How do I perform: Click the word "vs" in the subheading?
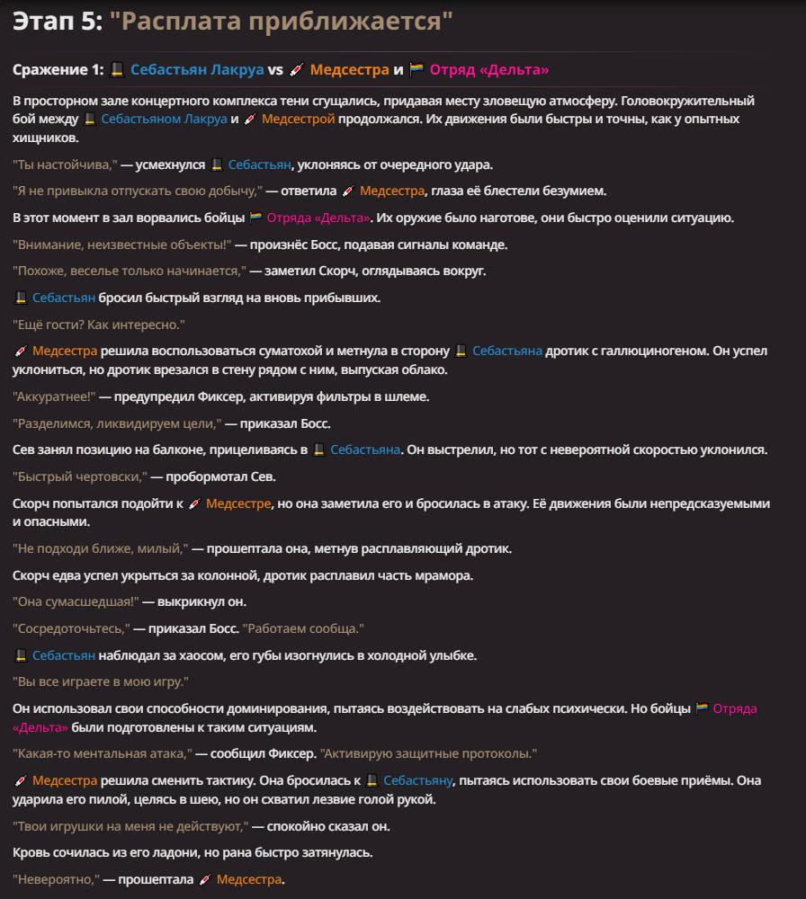[275, 69]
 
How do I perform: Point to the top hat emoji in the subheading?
[116, 69]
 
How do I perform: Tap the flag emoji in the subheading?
[416, 69]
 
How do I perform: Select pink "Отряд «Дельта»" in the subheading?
[489, 69]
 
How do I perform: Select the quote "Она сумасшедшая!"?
[72, 601]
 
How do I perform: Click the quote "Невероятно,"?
[55, 879]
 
